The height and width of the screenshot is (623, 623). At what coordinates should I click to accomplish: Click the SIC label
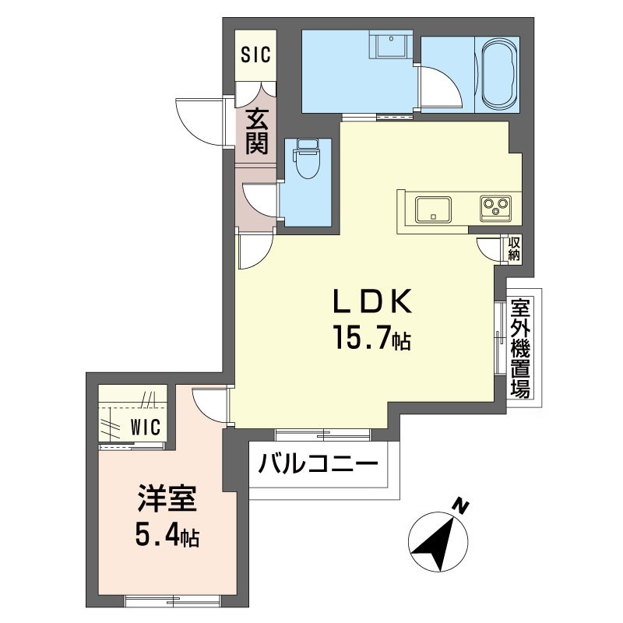(x=255, y=55)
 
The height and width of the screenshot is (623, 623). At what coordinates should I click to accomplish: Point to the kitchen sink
(x=433, y=209)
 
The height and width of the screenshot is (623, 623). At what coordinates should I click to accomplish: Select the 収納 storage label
(x=514, y=248)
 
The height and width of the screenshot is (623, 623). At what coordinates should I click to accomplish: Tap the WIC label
(x=145, y=427)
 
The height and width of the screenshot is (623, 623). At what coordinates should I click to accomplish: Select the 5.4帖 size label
(x=167, y=537)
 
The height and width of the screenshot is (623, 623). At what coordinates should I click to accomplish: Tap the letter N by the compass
(x=463, y=506)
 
